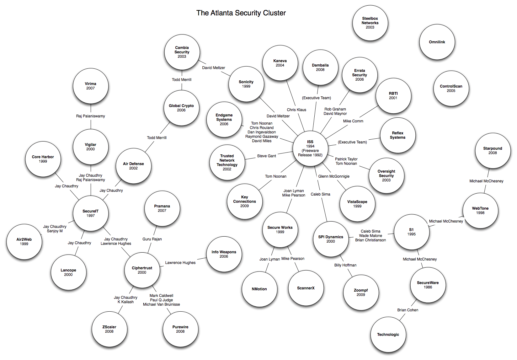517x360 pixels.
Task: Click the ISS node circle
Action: coord(310,148)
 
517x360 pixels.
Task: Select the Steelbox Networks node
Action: coord(370,23)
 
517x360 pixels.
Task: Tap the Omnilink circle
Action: coord(437,42)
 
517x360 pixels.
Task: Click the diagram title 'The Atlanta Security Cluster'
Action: coord(241,13)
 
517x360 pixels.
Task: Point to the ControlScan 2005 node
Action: coord(451,89)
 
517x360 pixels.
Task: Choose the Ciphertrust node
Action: coord(142,270)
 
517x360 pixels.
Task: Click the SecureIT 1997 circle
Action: coord(91,213)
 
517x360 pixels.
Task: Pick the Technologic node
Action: coord(388,335)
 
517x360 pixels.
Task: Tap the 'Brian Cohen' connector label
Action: coord(408,310)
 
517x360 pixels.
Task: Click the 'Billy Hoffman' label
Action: coord(345,265)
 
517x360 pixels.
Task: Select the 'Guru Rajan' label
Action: coord(152,239)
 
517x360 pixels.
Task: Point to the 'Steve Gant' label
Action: coord(266,156)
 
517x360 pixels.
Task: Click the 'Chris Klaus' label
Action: coord(296,110)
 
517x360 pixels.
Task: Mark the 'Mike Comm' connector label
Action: coord(353,121)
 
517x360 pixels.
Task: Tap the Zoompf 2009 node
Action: coord(361,293)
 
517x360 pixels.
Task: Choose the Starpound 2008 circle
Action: coord(493,151)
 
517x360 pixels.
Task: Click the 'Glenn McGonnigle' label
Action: coord(334,176)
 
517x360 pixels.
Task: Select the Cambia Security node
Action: coord(182,52)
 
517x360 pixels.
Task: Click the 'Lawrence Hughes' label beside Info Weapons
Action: coord(180,263)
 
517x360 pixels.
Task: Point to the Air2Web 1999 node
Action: coord(24,242)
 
